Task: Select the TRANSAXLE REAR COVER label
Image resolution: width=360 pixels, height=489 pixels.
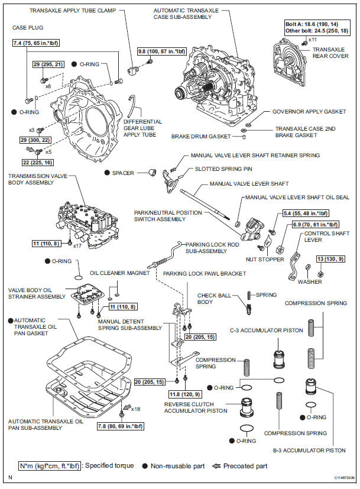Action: coord(329,53)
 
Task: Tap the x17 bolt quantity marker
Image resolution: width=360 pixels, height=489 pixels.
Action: coord(77,245)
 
